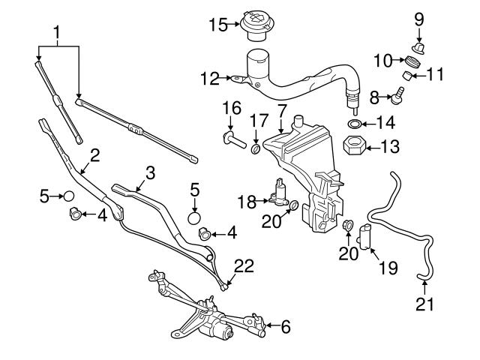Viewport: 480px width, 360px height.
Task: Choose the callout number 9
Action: tap(418, 18)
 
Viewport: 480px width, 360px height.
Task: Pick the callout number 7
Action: tap(281, 111)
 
